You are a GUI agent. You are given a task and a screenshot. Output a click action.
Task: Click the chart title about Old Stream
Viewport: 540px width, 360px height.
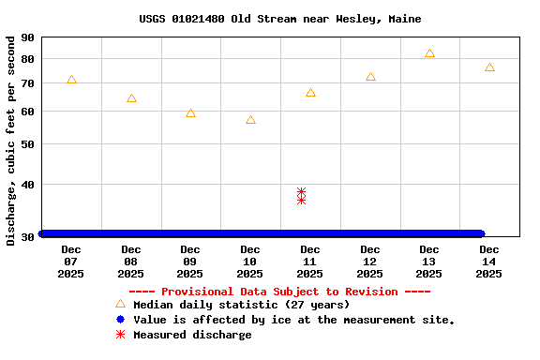pyautogui.click(x=280, y=19)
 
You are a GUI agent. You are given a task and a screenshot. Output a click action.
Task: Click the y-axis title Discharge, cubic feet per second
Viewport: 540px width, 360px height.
pyautogui.click(x=11, y=141)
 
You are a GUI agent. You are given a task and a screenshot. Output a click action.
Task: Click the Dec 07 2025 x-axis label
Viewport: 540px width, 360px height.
pyautogui.click(x=70, y=262)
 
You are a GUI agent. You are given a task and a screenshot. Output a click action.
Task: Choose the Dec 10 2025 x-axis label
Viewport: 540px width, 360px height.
pyautogui.click(x=249, y=262)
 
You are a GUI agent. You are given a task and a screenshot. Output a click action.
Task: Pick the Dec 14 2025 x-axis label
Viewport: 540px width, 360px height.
pyautogui.click(x=488, y=262)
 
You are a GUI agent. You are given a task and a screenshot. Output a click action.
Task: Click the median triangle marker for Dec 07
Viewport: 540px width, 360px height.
pyautogui.click(x=71, y=80)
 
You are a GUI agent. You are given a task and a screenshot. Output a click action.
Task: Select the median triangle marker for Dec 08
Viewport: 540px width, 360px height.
pyautogui.click(x=131, y=97)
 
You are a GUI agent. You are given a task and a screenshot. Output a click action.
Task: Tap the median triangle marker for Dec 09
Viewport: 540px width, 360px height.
pyautogui.click(x=190, y=112)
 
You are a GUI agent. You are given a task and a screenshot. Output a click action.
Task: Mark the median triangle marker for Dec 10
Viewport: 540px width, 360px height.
pyautogui.click(x=250, y=119)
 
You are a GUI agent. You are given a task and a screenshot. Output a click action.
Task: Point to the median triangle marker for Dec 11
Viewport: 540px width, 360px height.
pyautogui.click(x=310, y=93)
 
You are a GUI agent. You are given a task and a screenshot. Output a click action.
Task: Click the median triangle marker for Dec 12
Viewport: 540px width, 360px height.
pyautogui.click(x=370, y=76)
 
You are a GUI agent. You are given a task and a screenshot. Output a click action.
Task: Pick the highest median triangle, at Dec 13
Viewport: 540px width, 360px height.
pyautogui.click(x=429, y=53)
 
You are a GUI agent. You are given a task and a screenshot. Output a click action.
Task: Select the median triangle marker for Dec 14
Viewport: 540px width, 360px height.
pyautogui.click(x=489, y=67)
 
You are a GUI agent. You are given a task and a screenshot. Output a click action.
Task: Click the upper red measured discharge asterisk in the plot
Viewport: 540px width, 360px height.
pyautogui.click(x=301, y=192)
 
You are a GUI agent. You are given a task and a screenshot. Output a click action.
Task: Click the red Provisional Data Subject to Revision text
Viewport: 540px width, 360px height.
pyautogui.click(x=279, y=292)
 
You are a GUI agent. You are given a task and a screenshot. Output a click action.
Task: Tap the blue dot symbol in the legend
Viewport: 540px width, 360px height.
pyautogui.click(x=120, y=320)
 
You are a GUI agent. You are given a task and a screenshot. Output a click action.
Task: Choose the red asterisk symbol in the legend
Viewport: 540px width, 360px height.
pyautogui.click(x=120, y=335)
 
